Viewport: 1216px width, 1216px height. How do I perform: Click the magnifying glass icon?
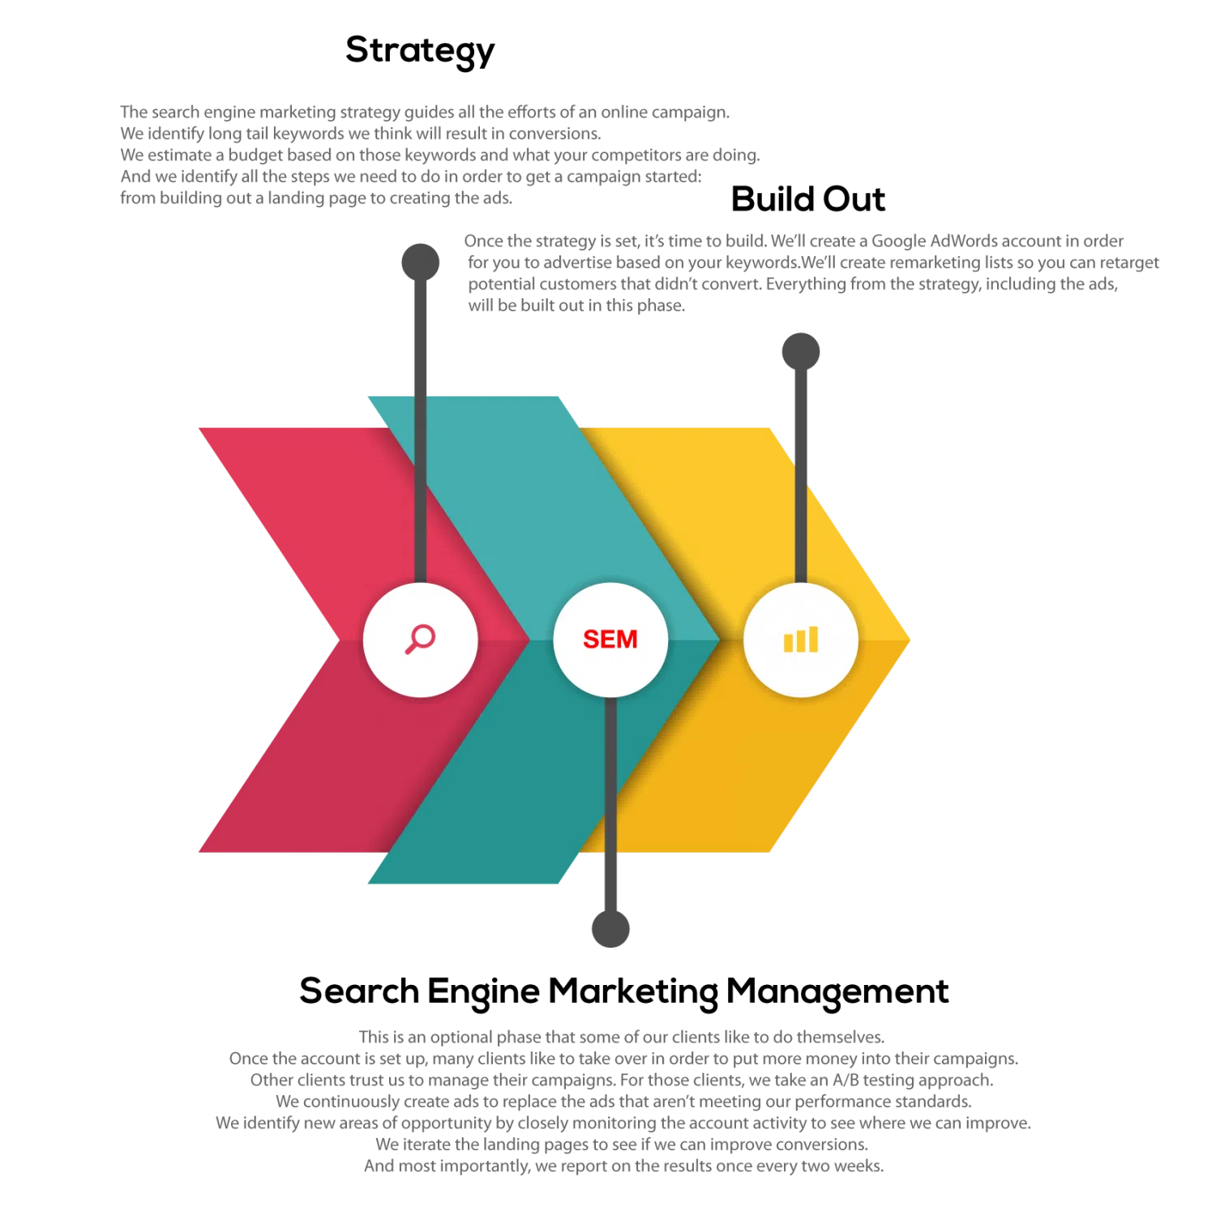point(420,639)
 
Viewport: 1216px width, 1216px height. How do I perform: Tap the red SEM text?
point(610,640)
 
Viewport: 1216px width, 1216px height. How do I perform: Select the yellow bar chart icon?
point(801,640)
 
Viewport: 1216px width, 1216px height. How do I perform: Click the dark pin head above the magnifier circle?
point(418,261)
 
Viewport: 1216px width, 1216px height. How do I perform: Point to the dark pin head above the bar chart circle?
point(801,350)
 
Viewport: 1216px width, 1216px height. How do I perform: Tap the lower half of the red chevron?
point(324,770)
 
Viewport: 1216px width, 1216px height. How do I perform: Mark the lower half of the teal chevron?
point(503,794)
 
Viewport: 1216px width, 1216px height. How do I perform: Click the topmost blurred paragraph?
point(438,154)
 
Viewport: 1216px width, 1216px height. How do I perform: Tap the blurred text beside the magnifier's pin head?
point(811,272)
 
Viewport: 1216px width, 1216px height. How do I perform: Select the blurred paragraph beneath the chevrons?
point(623,1103)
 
